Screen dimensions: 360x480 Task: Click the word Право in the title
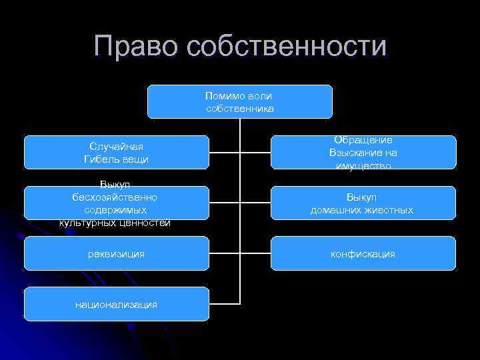(x=137, y=47)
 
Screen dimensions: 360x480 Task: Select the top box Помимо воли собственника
(x=239, y=101)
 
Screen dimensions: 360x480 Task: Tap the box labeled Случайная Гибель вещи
(x=117, y=153)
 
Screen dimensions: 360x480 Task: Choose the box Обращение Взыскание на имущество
(x=363, y=152)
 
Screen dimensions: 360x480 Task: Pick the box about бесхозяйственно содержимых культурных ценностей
(x=117, y=203)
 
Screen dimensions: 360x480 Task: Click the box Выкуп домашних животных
(x=363, y=203)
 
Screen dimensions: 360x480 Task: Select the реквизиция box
(x=117, y=253)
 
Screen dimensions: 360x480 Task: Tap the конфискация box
(x=363, y=253)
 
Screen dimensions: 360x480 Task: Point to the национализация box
(x=117, y=304)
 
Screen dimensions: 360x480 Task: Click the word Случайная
(x=117, y=147)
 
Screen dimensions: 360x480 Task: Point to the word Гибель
(x=103, y=159)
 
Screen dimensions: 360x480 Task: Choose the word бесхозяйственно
(x=116, y=197)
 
